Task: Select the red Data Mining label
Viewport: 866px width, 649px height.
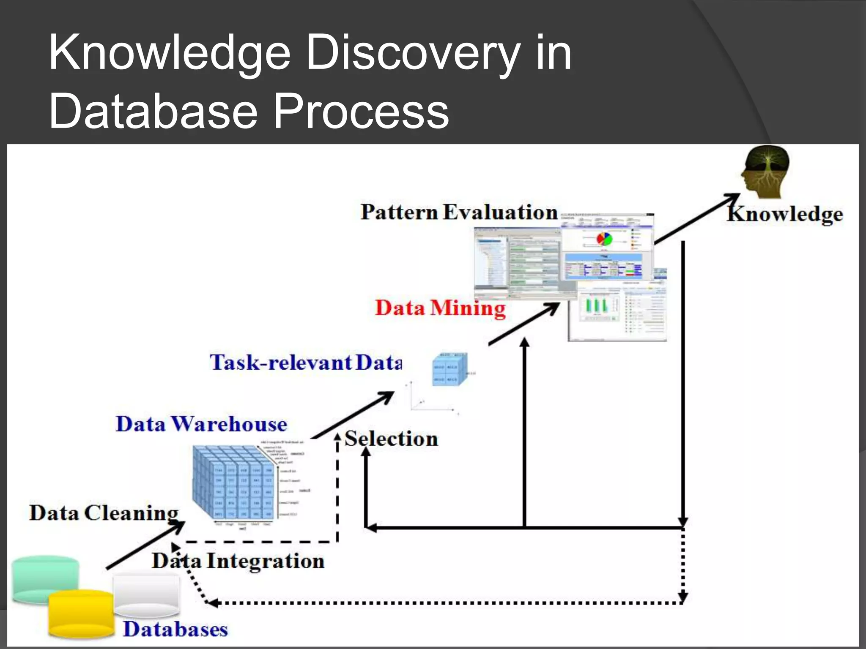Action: click(440, 308)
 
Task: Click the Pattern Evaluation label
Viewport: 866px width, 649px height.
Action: click(459, 212)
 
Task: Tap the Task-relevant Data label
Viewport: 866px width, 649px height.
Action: click(306, 363)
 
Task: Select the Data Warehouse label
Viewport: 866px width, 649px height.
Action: click(201, 424)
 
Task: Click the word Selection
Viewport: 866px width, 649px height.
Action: click(391, 439)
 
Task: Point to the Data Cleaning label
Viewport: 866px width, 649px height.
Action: click(104, 513)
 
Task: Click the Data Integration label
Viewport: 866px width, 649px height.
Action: click(238, 561)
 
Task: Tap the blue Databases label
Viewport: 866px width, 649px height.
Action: click(175, 629)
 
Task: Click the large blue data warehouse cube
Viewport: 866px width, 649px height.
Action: click(233, 484)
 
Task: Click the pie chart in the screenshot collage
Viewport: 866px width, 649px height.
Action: click(604, 239)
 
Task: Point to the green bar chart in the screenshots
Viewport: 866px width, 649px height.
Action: click(596, 305)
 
